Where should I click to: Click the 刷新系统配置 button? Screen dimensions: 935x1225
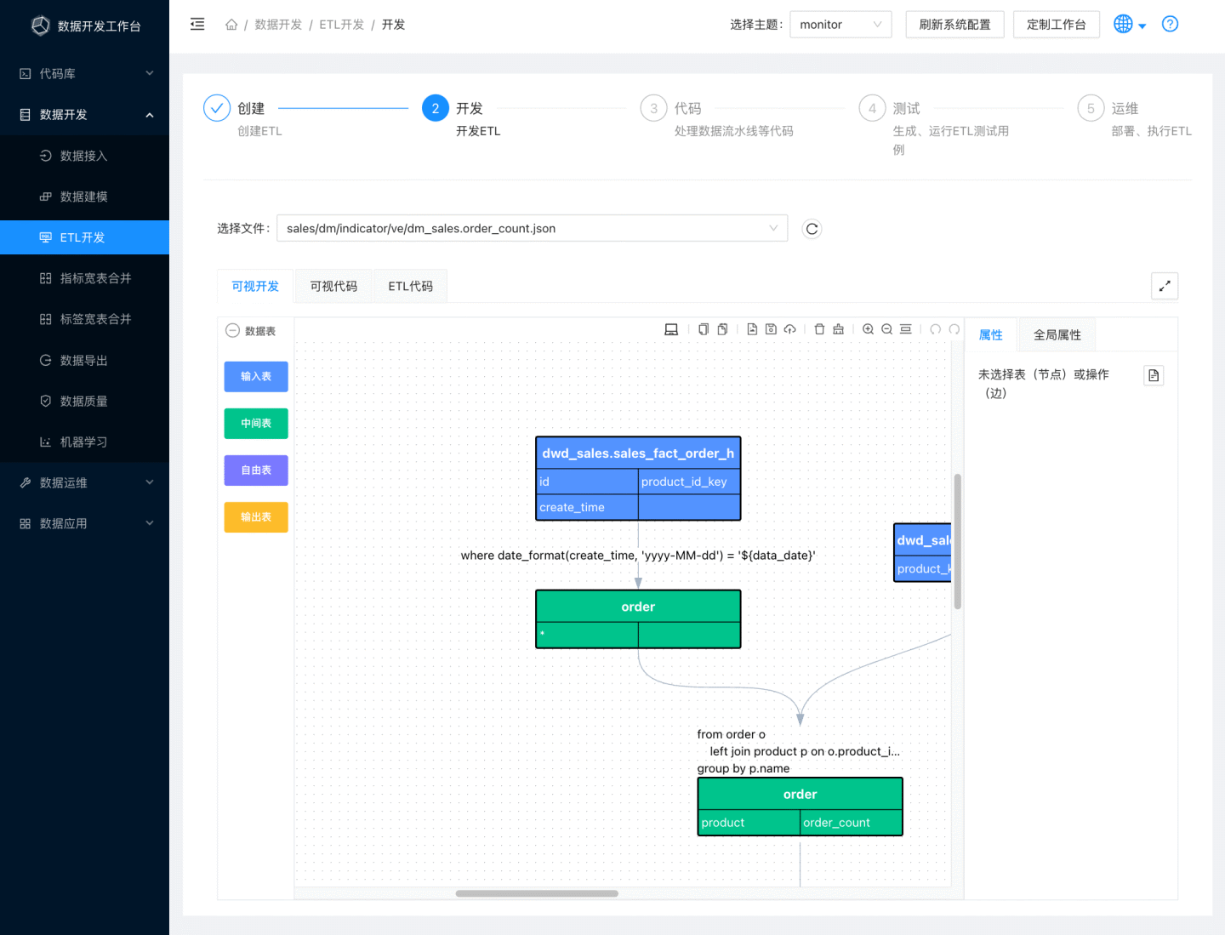coord(954,25)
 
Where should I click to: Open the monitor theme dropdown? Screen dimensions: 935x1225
coord(840,25)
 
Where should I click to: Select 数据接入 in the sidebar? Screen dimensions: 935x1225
coord(83,156)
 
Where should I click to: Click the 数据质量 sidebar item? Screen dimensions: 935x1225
coord(83,401)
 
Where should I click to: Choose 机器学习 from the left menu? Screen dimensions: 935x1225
coord(83,442)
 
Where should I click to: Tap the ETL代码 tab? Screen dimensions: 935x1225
coord(410,287)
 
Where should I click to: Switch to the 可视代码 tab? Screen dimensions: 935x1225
coord(333,287)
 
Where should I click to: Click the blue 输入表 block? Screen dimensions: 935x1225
coord(256,376)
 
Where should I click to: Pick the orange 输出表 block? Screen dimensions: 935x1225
coord(256,516)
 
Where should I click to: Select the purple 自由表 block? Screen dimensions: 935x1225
coord(256,470)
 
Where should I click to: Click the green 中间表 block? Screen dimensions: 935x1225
coord(256,423)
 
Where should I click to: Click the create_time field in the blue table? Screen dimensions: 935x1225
coord(587,507)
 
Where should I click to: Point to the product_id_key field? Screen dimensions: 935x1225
coord(688,482)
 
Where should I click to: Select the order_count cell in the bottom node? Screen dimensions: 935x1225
coord(850,823)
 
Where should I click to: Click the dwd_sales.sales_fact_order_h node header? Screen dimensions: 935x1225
coord(638,453)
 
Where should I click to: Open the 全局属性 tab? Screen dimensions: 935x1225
coord(1057,335)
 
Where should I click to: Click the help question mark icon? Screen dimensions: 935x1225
coord(1170,25)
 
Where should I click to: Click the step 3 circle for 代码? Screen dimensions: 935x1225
coord(653,109)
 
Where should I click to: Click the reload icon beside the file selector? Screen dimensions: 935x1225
coord(812,229)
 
